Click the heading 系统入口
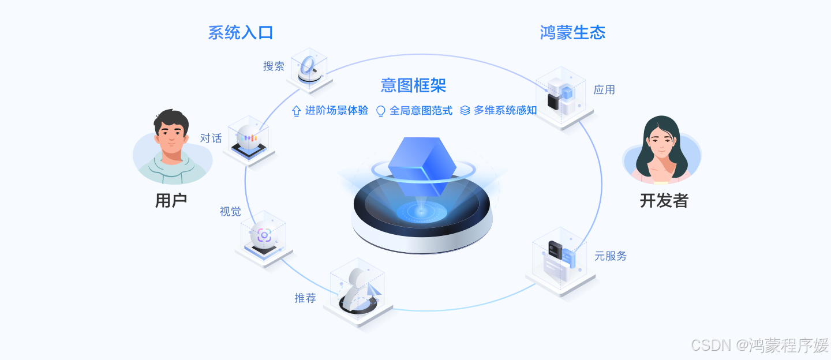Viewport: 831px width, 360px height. pos(240,32)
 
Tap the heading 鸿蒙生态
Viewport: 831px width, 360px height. pos(572,32)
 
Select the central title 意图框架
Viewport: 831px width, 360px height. pos(413,85)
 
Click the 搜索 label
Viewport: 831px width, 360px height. pos(274,66)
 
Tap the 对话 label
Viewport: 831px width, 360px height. pos(211,138)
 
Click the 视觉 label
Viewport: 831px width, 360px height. pos(230,211)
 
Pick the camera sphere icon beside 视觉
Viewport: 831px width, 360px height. pos(264,235)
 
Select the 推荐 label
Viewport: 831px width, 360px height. pos(305,298)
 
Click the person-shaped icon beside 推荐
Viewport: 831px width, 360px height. pos(357,291)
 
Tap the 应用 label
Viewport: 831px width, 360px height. pos(604,89)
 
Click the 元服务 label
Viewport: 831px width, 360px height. pos(611,256)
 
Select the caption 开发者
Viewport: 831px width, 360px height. pos(664,200)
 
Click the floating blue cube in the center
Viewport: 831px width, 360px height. pos(422,165)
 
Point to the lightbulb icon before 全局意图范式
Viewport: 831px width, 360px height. pos(380,111)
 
